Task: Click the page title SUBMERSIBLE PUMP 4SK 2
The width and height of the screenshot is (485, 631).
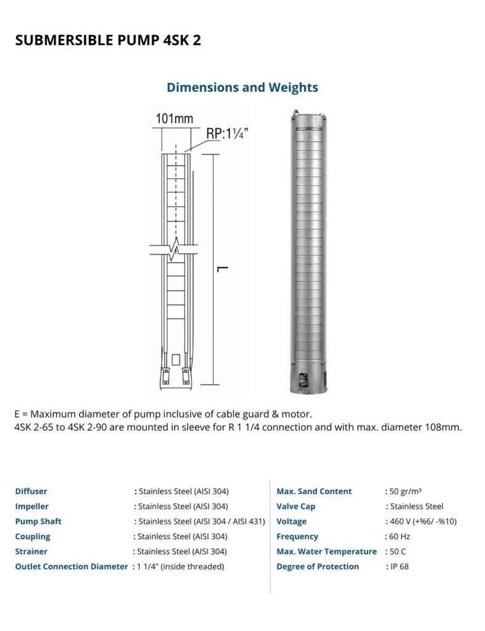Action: click(x=108, y=40)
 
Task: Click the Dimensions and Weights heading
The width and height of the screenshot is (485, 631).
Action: click(x=242, y=88)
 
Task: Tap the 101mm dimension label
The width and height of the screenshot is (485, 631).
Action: click(x=174, y=119)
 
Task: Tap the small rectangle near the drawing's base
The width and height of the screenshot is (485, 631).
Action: click(x=176, y=359)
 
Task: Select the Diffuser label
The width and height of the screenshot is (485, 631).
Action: click(x=31, y=491)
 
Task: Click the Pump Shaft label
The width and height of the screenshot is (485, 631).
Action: click(x=38, y=521)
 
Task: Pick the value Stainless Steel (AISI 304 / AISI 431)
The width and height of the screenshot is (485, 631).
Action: click(x=201, y=521)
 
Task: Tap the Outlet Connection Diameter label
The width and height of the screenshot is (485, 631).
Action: click(x=71, y=566)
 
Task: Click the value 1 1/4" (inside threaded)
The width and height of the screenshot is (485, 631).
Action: click(x=180, y=566)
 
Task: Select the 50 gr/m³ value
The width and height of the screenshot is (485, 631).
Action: click(x=406, y=491)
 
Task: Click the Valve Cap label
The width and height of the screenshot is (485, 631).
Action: click(x=296, y=507)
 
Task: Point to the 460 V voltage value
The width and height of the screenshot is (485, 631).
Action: click(x=423, y=521)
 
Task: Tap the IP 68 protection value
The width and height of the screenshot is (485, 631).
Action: click(x=399, y=566)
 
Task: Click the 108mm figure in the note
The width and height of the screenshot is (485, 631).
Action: click(x=445, y=427)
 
